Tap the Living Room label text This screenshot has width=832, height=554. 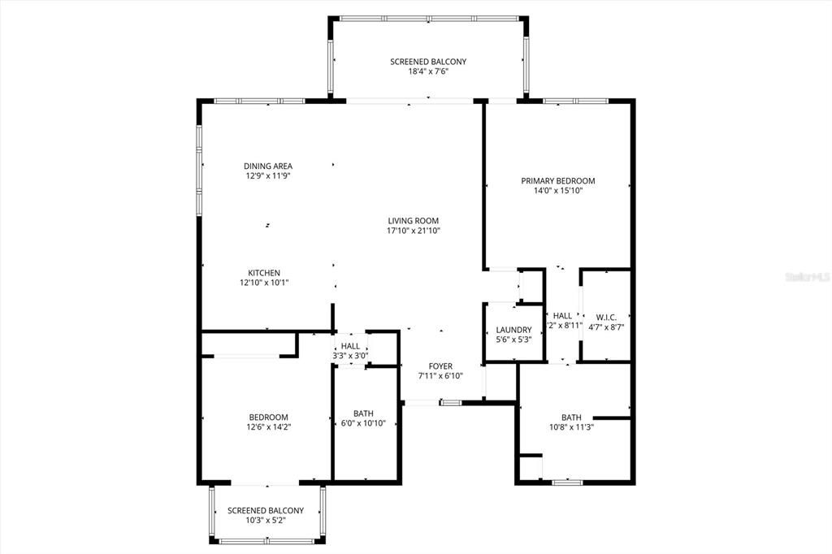pos(413,220)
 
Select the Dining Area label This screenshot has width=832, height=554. pos(267,166)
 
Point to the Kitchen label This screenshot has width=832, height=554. pos(264,273)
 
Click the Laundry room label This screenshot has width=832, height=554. pos(513,330)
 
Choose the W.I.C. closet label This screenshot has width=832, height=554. pos(605,317)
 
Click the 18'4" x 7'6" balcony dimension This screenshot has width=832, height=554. pos(428,71)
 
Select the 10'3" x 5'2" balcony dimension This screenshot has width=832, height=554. pos(265,521)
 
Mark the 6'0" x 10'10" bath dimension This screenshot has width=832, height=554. pos(363,423)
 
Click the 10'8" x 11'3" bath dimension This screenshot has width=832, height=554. pos(571,427)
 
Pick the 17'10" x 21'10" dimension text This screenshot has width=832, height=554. pos(413,231)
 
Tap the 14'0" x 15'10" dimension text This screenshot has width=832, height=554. pos(558,191)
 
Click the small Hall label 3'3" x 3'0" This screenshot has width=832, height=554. pos(350,356)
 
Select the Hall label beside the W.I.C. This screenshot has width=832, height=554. pos(562,316)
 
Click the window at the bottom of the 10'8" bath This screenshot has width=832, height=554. pos(567,483)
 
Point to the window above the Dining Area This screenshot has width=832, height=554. pos(259,101)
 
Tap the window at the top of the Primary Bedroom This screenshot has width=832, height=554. pos(575,101)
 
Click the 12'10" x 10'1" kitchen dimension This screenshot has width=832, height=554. pos(264,283)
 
